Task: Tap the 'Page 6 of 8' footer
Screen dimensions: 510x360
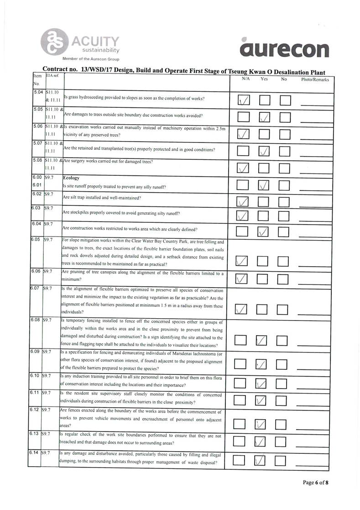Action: tap(315, 483)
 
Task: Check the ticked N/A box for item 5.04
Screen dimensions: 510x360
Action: tap(244, 100)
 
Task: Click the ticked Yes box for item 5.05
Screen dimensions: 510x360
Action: tap(264, 117)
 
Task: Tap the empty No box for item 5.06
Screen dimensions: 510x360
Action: tap(285, 134)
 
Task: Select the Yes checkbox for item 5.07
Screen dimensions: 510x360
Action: tap(264, 151)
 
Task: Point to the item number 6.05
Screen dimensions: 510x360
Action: tap(35, 239)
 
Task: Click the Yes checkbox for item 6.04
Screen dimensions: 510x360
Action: tap(264, 231)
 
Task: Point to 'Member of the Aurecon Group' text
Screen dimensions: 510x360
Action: tap(91, 59)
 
